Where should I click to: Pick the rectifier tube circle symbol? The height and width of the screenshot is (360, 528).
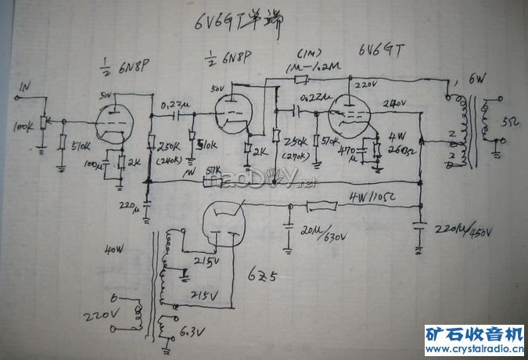point(221,222)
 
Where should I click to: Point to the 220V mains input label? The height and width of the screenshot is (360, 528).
point(101,317)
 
